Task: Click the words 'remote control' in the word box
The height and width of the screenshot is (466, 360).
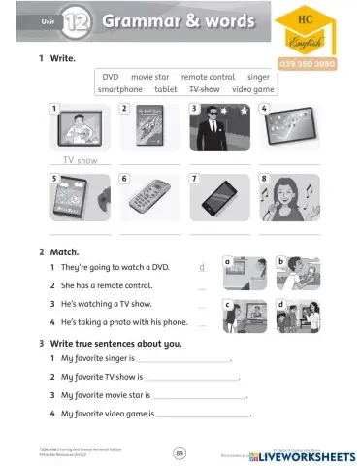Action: [208, 76]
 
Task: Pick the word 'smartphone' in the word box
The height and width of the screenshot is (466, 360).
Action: [120, 88]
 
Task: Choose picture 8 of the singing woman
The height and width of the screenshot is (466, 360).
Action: [287, 198]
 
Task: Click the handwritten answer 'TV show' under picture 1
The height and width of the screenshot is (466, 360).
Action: [81, 159]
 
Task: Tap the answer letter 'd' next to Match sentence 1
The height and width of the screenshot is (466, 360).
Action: [201, 266]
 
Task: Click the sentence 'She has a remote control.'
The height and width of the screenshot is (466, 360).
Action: [107, 285]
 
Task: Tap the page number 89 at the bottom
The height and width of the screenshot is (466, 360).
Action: [180, 451]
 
